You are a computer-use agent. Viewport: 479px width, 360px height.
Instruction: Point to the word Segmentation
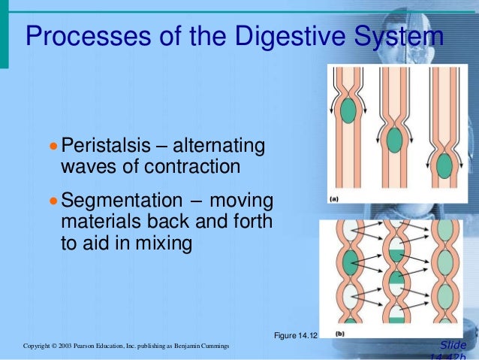coord(121,201)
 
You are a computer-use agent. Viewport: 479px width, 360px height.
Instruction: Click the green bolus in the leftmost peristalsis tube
coord(348,111)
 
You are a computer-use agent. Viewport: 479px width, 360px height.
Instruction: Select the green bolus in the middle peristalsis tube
coord(395,140)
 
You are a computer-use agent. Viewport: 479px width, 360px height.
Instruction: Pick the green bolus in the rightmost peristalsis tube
coord(444,165)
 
